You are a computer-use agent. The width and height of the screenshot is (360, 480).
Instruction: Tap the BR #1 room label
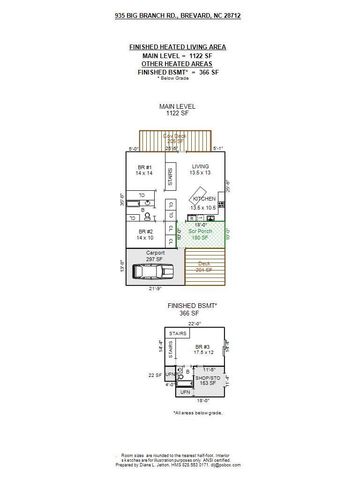pos(143,170)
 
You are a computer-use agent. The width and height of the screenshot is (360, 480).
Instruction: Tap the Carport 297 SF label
pos(155,255)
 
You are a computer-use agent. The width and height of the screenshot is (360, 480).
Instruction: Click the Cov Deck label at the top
pos(175,138)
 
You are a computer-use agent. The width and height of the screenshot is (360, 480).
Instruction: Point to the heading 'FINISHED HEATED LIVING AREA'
pos(180,47)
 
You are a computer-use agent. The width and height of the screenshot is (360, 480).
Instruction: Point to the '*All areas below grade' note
pos(194,412)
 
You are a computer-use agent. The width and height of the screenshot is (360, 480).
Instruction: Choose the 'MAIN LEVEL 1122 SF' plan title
pos(178,109)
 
